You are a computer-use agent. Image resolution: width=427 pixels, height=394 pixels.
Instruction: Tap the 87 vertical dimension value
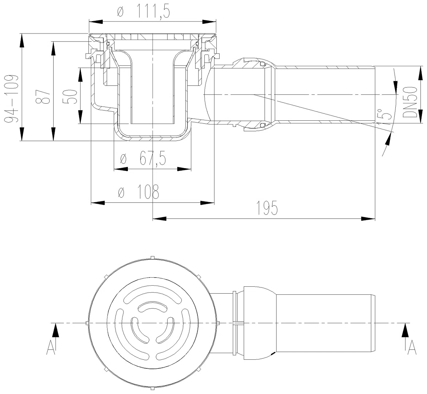(x=44, y=96)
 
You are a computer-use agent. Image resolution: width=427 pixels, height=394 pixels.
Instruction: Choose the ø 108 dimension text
(x=138, y=192)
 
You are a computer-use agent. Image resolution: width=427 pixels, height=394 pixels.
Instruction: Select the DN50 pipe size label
(x=410, y=102)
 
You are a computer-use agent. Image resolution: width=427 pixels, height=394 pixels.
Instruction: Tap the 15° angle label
(x=385, y=117)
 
